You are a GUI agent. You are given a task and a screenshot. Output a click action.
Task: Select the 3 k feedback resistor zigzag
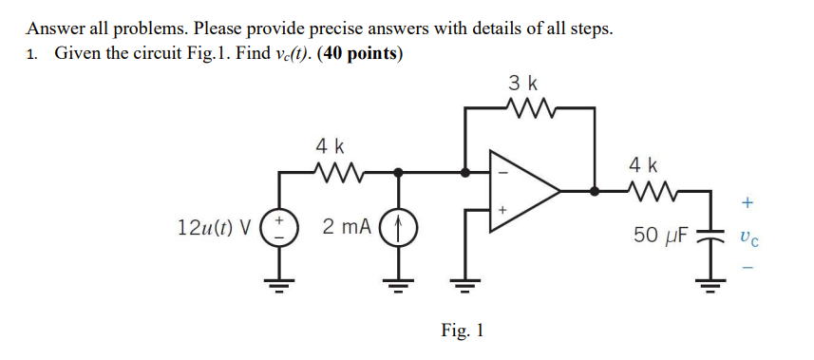(x=529, y=107)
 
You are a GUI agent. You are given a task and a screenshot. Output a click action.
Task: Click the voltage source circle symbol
(x=278, y=229)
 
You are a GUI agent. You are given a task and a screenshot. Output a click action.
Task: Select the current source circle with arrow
(x=397, y=229)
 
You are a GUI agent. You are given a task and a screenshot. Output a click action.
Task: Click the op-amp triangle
(x=521, y=190)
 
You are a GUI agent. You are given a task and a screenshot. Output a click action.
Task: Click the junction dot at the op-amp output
(x=596, y=190)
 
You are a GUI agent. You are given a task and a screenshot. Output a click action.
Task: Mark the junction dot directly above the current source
(x=397, y=173)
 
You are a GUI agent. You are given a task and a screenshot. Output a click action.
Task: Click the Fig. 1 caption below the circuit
(x=463, y=331)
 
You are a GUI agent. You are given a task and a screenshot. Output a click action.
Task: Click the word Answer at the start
(x=53, y=28)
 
